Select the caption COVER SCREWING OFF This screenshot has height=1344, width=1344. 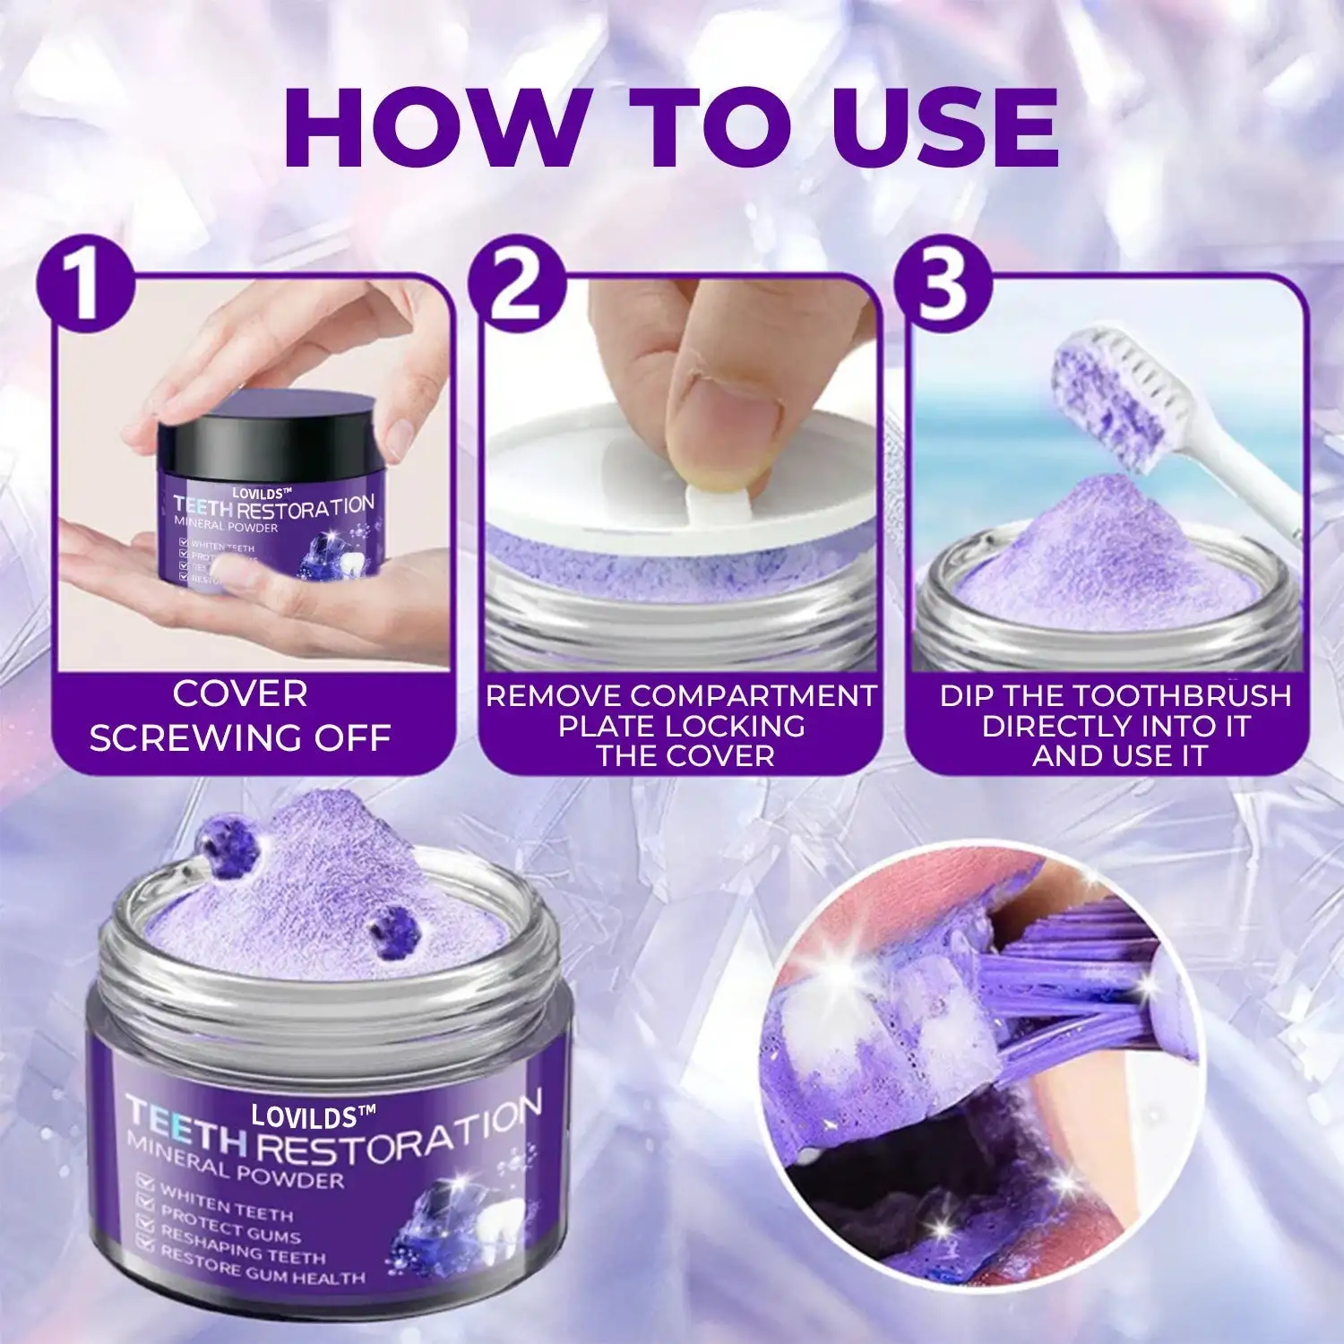(x=240, y=717)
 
